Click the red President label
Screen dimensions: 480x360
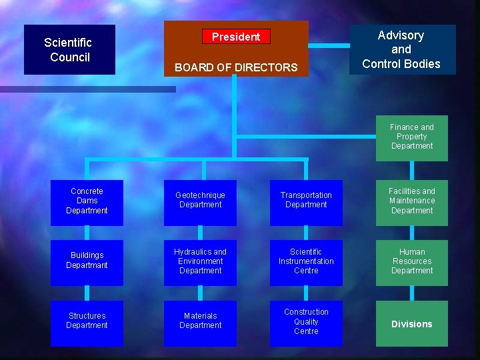(x=236, y=37)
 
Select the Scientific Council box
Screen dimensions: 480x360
(x=69, y=49)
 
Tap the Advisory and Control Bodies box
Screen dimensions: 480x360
(x=401, y=49)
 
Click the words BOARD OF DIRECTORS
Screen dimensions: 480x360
(x=236, y=67)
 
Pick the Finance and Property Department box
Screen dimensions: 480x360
(x=411, y=137)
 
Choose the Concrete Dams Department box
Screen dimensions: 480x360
(x=87, y=202)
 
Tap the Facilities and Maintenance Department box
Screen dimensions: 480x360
(x=411, y=202)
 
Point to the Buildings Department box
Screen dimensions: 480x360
(x=87, y=261)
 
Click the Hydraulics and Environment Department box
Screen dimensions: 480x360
(x=200, y=261)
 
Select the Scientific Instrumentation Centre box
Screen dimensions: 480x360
(x=306, y=261)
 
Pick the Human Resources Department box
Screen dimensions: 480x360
(x=411, y=261)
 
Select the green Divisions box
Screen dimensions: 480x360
(x=411, y=324)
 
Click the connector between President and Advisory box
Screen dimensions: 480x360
(x=329, y=46)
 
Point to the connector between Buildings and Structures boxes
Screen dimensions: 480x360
(x=87, y=293)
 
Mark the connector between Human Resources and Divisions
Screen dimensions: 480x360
(x=411, y=293)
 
